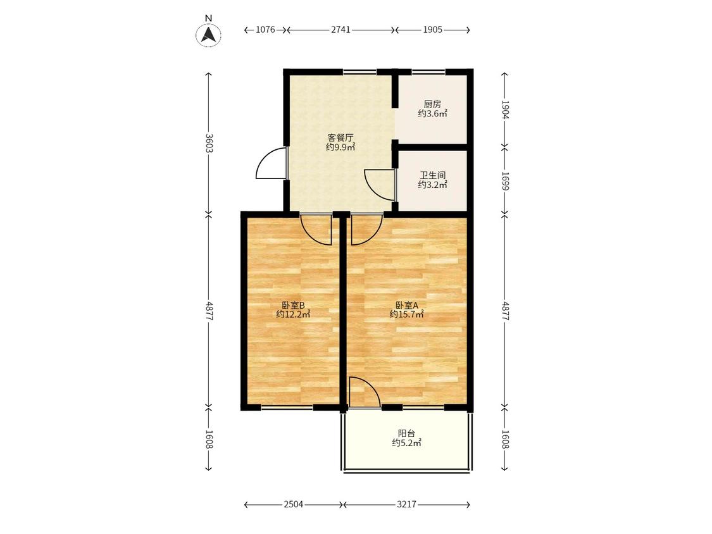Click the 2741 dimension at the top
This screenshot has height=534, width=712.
[340, 30]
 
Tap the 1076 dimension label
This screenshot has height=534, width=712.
[265, 30]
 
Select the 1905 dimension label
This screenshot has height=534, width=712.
[432, 30]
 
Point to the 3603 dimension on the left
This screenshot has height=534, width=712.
[208, 143]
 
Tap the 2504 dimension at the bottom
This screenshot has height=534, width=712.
[293, 504]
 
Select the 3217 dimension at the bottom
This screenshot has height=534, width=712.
[406, 504]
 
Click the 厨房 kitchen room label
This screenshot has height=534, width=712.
[432, 104]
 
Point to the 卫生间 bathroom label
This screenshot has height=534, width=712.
[432, 175]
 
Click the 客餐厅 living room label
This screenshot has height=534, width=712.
[340, 137]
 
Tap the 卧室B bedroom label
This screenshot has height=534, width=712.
[293, 305]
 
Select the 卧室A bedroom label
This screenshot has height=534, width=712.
[406, 305]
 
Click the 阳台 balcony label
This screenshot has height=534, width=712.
[406, 433]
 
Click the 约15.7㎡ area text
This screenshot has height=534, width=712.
[407, 314]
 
